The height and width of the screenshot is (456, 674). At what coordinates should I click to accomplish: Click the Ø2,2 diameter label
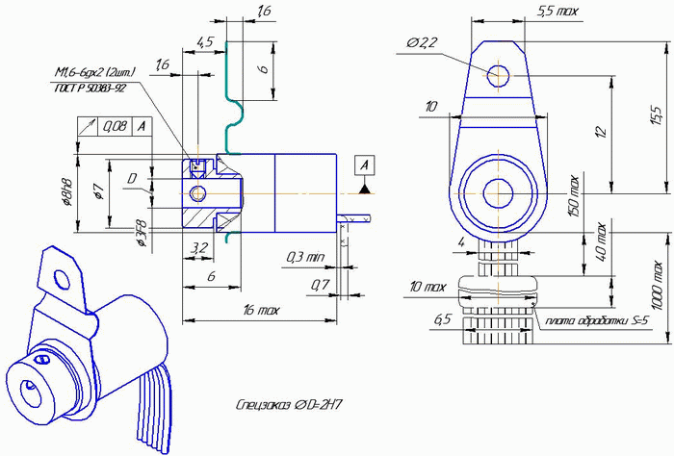tap(423, 42)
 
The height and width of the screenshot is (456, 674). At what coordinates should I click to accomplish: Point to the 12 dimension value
tap(600, 132)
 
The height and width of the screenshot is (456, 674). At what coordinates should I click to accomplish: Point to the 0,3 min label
tap(307, 257)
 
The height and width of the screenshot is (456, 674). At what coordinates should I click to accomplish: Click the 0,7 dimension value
tap(320, 285)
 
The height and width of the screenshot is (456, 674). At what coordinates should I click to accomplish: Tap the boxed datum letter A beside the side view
tap(364, 165)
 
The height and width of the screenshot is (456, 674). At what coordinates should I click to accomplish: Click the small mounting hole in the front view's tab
tap(499, 74)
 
